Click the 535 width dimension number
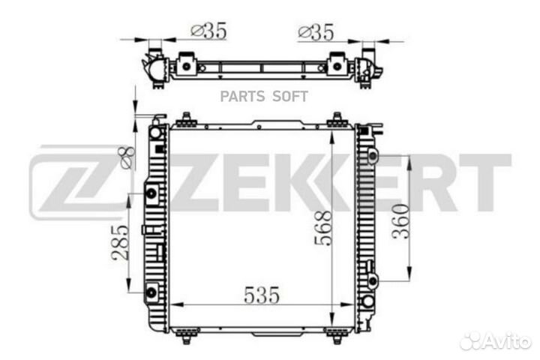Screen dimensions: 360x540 [x=260, y=295]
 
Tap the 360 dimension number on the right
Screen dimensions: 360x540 [x=401, y=220]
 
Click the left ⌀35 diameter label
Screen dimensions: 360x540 [x=208, y=31]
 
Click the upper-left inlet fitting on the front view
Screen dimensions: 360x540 [x=155, y=133]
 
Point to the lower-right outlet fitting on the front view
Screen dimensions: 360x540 [x=367, y=301]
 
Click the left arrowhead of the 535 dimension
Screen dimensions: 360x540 [x=175, y=305]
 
